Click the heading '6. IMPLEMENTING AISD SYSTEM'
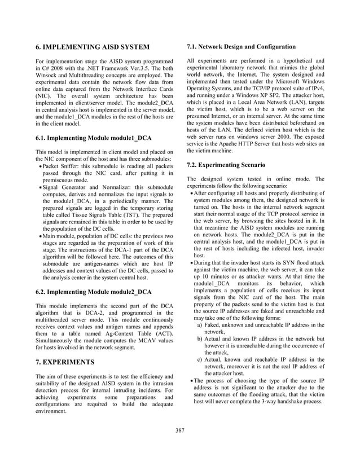click(x=93, y=46)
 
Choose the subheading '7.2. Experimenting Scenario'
click(x=226, y=165)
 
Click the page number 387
click(x=180, y=431)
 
